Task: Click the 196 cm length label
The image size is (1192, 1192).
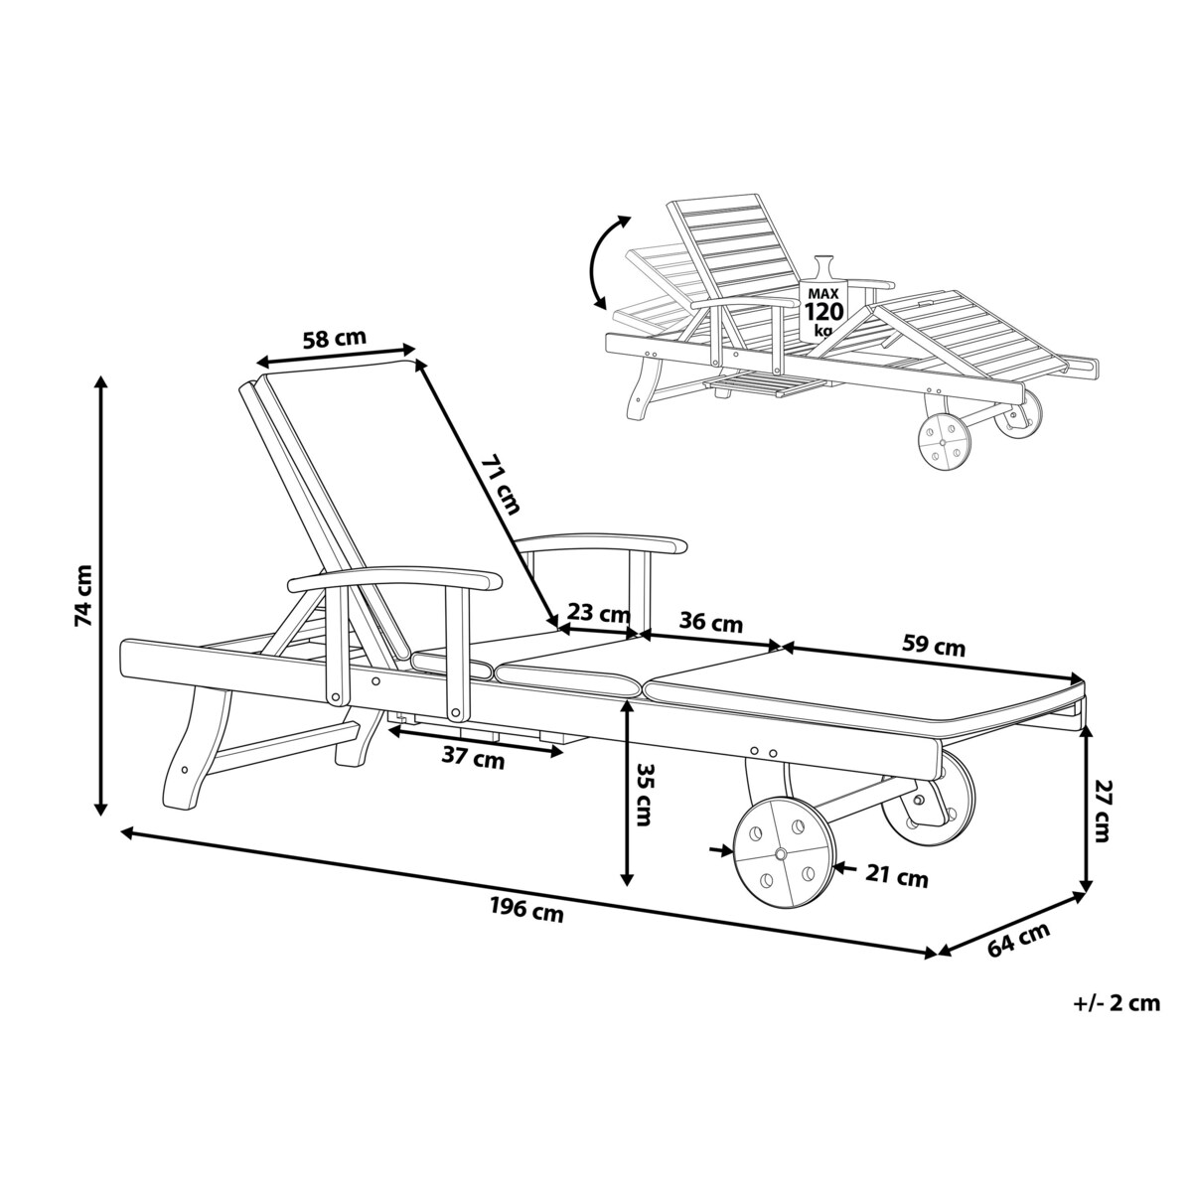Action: (526, 910)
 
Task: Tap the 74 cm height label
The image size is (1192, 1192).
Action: (82, 595)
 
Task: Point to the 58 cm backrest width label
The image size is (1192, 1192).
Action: (334, 339)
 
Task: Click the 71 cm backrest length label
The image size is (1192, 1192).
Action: (501, 485)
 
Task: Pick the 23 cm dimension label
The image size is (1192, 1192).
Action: (598, 613)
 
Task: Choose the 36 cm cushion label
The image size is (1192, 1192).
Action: (710, 622)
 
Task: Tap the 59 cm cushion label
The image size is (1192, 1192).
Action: (934, 646)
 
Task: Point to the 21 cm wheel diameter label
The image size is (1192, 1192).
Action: (896, 876)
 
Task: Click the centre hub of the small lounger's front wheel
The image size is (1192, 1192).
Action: (943, 442)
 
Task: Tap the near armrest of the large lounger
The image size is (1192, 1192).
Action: (395, 579)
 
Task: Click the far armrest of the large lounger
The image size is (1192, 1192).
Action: (601, 542)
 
